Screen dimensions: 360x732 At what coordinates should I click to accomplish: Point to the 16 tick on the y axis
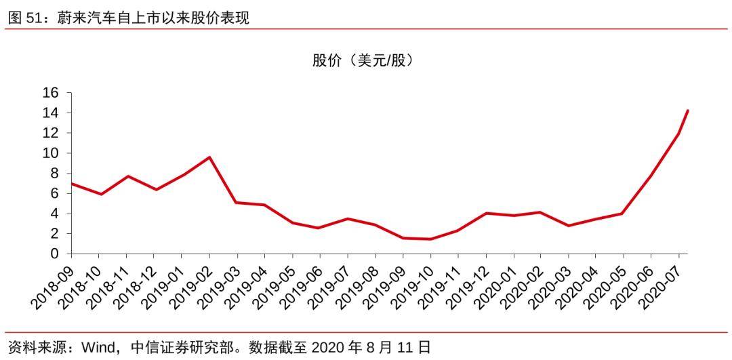pyautogui.click(x=52, y=93)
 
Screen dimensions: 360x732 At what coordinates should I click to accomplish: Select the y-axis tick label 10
pyautogui.click(x=52, y=153)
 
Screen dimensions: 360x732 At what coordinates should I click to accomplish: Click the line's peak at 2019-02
pyautogui.click(x=209, y=157)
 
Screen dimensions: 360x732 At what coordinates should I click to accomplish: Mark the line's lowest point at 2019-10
pyautogui.click(x=430, y=239)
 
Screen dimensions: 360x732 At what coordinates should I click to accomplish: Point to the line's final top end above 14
pyautogui.click(x=687, y=111)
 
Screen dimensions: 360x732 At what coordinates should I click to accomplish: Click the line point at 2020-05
pyautogui.click(x=622, y=214)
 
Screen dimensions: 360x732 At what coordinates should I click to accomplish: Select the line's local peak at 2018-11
pyautogui.click(x=127, y=176)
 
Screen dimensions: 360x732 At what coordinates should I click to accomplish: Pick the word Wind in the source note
pyautogui.click(x=97, y=348)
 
